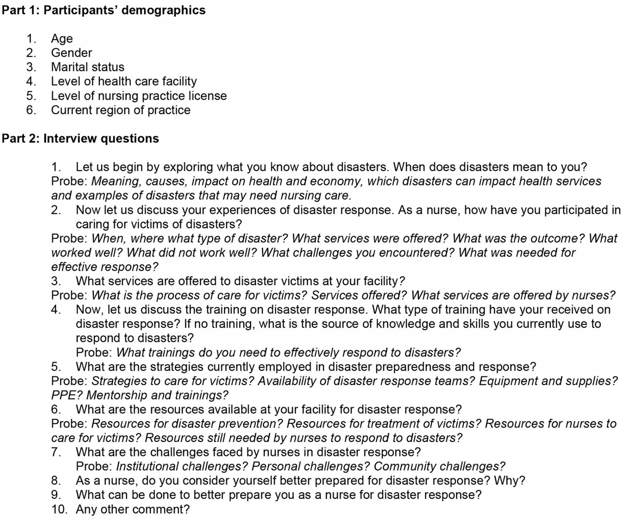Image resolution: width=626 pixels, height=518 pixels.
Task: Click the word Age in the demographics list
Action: point(62,39)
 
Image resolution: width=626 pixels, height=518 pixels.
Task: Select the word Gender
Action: point(72,53)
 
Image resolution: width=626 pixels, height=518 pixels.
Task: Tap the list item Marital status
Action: point(88,67)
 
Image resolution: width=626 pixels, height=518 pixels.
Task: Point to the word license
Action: point(207,96)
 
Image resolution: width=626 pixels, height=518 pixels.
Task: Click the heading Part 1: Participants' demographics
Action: point(104,10)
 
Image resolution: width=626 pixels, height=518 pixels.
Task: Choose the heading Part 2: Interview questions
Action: point(81,138)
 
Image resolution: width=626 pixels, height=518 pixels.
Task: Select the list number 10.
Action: point(58,509)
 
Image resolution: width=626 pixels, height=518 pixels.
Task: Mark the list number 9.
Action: point(56,495)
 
